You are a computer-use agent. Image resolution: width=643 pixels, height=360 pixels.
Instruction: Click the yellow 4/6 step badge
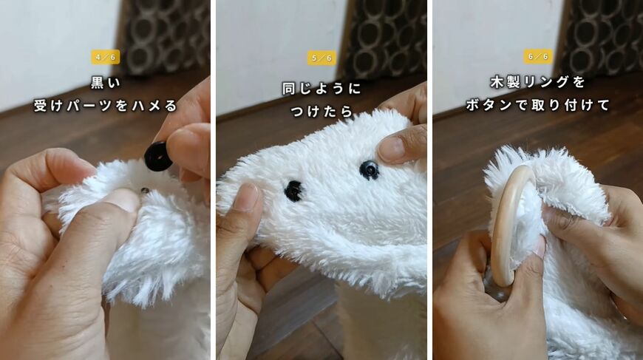click(106, 57)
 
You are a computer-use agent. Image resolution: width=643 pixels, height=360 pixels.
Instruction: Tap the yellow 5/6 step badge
click(321, 58)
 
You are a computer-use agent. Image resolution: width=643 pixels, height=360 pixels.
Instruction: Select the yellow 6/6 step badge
click(537, 56)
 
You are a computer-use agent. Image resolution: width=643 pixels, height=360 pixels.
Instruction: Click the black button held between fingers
click(158, 156)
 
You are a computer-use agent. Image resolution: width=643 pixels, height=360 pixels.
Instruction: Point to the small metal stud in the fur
click(145, 190)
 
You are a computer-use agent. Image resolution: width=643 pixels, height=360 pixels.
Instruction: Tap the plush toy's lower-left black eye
click(293, 191)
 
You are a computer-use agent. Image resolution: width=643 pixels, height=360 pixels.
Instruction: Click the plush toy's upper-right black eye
click(369, 170)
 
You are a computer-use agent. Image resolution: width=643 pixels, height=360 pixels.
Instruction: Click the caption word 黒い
click(106, 83)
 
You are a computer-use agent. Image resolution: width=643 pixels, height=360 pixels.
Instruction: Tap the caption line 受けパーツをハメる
click(106, 106)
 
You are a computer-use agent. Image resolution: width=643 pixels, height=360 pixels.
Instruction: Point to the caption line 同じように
click(321, 89)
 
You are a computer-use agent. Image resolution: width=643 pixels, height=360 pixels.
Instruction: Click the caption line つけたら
click(321, 111)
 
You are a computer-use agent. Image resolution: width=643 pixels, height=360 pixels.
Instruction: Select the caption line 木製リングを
click(537, 82)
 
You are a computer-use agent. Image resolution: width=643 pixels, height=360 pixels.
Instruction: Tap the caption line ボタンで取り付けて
click(537, 105)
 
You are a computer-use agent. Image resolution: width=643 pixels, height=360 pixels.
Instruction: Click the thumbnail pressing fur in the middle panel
click(248, 197)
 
